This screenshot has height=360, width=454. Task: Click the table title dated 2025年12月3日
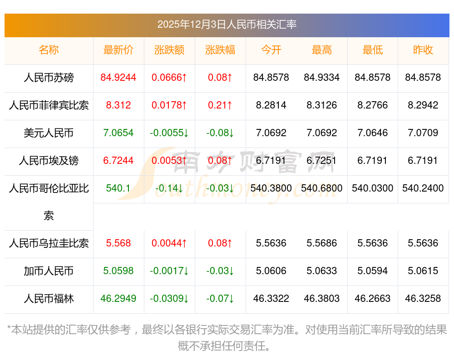[x=227, y=25]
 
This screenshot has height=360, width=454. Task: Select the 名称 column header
[x=49, y=50]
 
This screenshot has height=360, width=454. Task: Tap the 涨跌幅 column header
[x=220, y=50]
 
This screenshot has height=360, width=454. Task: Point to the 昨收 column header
[x=423, y=50]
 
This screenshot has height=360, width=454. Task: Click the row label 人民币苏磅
[x=49, y=78]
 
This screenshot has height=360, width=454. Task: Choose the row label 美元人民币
[x=49, y=133]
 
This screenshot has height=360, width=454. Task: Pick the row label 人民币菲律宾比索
[x=49, y=105]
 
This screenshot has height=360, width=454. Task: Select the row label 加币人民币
[x=49, y=271]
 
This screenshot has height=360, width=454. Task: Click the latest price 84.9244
[x=118, y=78]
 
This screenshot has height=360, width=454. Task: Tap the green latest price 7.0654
[x=118, y=133]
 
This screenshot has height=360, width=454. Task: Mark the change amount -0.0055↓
[x=169, y=133]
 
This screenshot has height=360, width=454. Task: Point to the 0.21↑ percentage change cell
[x=220, y=105]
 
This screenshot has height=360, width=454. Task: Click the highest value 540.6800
[x=322, y=188]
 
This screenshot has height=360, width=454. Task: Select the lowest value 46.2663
[x=372, y=299]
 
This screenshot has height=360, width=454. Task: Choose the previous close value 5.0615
[x=423, y=271]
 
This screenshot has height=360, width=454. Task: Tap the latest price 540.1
[x=118, y=188]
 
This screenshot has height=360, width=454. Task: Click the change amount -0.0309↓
[x=169, y=299]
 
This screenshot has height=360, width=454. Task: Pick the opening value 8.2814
[x=271, y=105]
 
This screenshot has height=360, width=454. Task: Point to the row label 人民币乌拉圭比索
[x=49, y=243]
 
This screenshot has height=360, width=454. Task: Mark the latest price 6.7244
[x=118, y=161]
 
